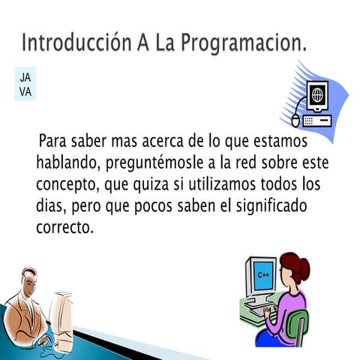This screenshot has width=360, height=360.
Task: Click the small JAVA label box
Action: point(25,85)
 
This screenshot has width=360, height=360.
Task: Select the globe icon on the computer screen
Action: point(317,95)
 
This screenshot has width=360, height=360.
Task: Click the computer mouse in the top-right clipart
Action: point(296,119)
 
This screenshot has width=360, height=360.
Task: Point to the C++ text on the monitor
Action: point(263,275)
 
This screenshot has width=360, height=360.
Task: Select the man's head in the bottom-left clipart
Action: point(28,283)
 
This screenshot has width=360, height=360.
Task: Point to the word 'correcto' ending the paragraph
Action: point(64,227)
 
